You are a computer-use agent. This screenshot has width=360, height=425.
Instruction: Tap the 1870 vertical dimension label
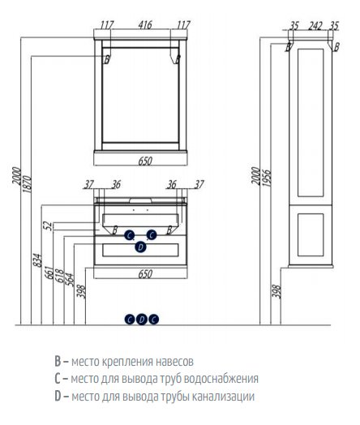[x=29, y=187]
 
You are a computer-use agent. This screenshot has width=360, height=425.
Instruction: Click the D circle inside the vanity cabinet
[x=140, y=247]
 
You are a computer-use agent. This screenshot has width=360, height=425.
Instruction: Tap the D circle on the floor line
[x=141, y=319]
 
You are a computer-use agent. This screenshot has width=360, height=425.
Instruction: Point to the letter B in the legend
[x=57, y=361]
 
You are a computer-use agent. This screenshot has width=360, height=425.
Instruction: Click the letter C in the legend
[x=57, y=379]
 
